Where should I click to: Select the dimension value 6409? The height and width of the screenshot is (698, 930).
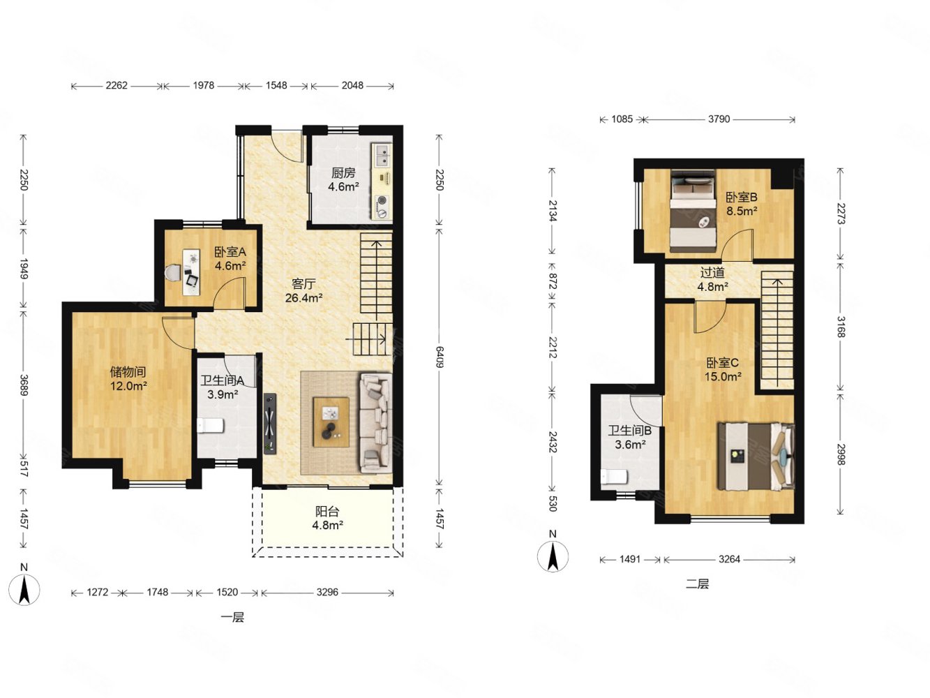[x=440, y=357]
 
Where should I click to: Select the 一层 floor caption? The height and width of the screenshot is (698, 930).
[x=232, y=617]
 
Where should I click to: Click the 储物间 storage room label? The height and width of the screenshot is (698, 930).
[x=127, y=371]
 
